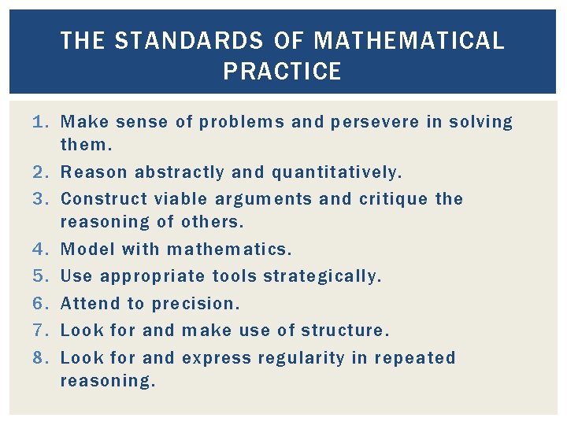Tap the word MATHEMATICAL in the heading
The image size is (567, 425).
tap(409, 41)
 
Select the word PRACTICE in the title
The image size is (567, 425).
tap(282, 72)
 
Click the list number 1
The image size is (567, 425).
tap(42, 123)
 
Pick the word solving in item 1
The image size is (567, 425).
tap(480, 123)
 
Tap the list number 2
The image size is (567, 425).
tap(42, 172)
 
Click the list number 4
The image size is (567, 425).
tap(42, 249)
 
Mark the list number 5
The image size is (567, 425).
tap(42, 276)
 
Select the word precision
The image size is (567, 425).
tap(195, 305)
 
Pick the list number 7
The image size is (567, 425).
tap(42, 331)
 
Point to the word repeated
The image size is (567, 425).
tap(415, 359)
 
